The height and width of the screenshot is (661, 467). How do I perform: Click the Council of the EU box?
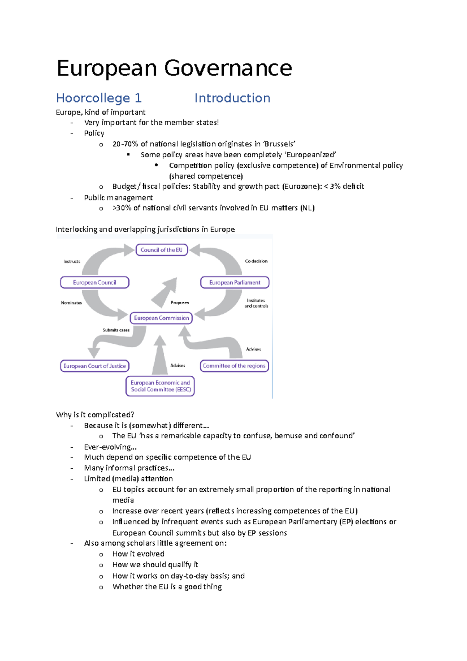click(x=162, y=250)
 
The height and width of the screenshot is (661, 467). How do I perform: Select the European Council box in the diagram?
click(x=95, y=283)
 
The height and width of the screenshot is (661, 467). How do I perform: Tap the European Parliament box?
click(x=235, y=283)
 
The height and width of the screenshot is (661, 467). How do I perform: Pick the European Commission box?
click(x=161, y=318)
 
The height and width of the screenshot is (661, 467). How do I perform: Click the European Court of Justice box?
click(x=95, y=366)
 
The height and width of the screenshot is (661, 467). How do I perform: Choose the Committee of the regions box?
click(x=234, y=366)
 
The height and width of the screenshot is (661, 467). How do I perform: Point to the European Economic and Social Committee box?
click(x=160, y=386)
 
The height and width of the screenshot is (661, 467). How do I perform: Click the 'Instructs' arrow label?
click(x=72, y=262)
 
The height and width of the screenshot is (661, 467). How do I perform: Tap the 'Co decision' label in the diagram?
click(x=256, y=261)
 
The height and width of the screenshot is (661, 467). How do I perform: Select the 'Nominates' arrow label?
click(x=71, y=303)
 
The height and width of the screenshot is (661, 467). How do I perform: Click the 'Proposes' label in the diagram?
click(x=180, y=302)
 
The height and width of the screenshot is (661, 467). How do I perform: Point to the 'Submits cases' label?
click(x=116, y=330)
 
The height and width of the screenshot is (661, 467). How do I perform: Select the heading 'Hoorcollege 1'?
click(x=99, y=98)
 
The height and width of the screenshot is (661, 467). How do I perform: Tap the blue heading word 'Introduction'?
click(x=232, y=98)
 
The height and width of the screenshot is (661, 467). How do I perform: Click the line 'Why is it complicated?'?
click(x=95, y=415)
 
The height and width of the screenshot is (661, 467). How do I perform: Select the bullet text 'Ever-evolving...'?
click(x=110, y=447)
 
